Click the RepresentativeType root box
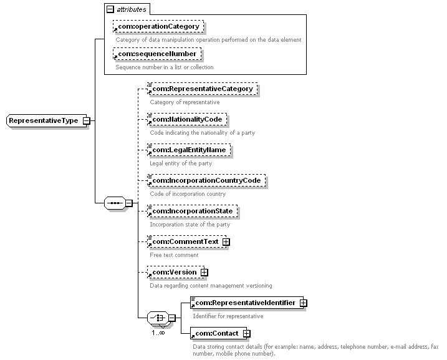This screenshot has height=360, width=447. pyautogui.click(x=44, y=120)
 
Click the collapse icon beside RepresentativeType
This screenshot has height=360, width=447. pyautogui.click(x=86, y=120)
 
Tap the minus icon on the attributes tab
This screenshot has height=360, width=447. pyautogui.click(x=110, y=10)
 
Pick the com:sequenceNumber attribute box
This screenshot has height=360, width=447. pyautogui.click(x=156, y=54)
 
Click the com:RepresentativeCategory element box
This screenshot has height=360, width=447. pyautogui.click(x=202, y=89)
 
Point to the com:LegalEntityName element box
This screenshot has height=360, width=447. pyautogui.click(x=189, y=150)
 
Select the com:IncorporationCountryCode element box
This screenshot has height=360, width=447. pyautogui.click(x=206, y=180)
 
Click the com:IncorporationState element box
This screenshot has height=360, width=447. pyautogui.click(x=192, y=211)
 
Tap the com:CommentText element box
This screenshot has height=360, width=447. pyautogui.click(x=184, y=241)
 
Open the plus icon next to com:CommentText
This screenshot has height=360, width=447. pyautogui.click(x=226, y=241)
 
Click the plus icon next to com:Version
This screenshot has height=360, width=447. pyautogui.click(x=203, y=272)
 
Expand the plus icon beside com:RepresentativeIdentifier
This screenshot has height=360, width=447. pyautogui.click(x=303, y=303)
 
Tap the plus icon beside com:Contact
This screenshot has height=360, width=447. pyautogui.click(x=246, y=333)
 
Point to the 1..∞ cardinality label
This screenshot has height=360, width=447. pyautogui.click(x=158, y=333)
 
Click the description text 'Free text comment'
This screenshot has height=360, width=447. pyautogui.click(x=174, y=255)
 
